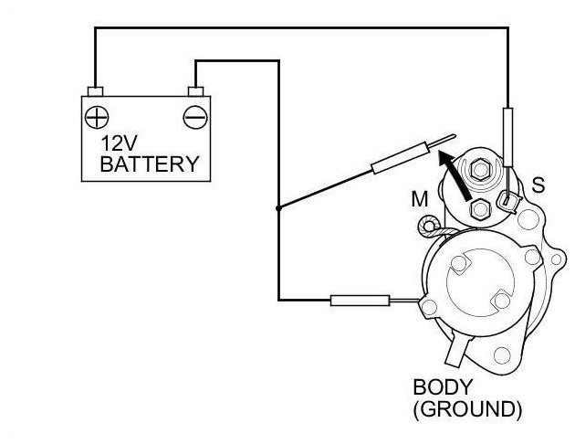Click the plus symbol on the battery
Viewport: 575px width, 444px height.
(x=95, y=116)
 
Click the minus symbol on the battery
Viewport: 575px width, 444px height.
(x=194, y=116)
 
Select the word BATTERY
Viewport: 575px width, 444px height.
(x=149, y=165)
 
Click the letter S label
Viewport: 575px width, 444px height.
(x=538, y=185)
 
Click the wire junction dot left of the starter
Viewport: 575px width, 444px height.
(x=277, y=208)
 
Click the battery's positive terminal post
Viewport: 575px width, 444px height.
(x=94, y=91)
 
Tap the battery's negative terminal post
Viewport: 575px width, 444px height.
(x=194, y=91)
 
